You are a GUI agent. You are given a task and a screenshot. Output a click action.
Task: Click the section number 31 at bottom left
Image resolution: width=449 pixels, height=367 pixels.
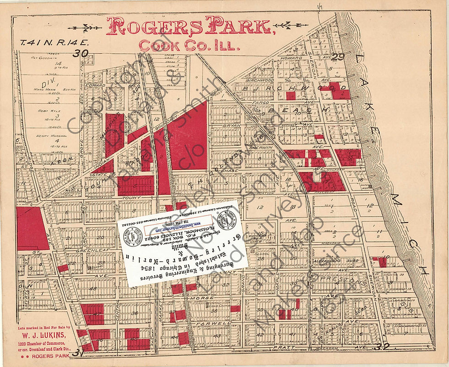[x=78, y=353]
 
